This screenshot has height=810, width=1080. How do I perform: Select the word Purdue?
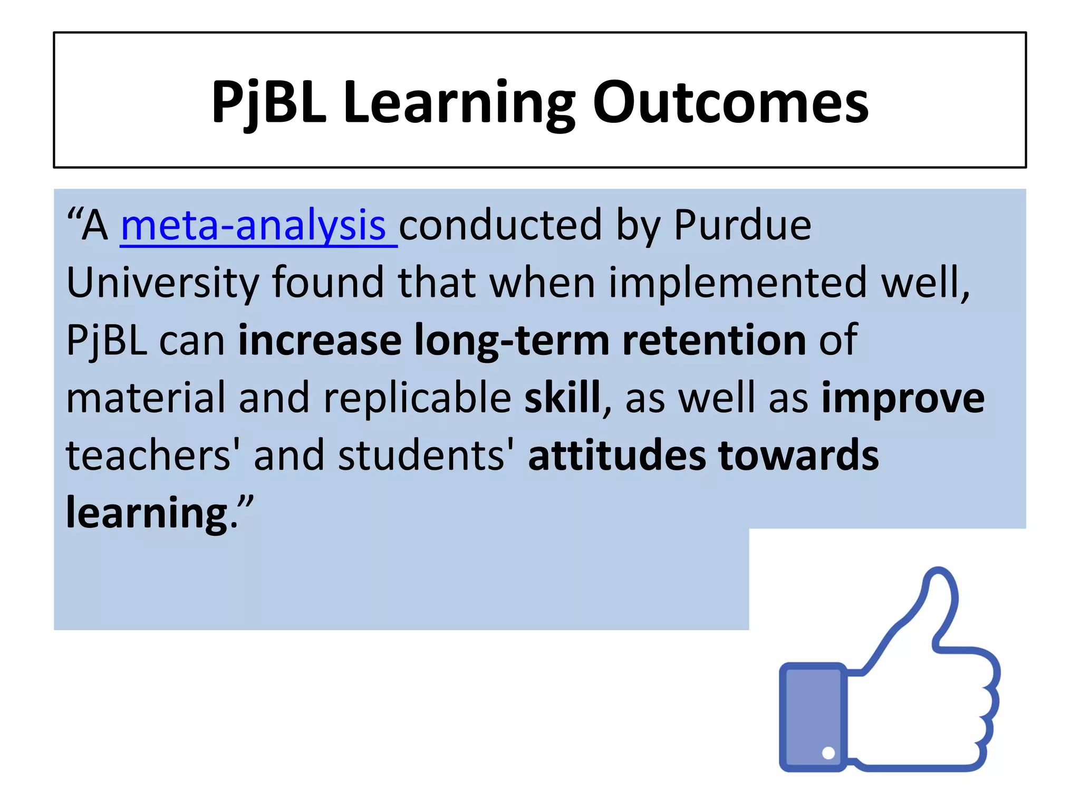(x=742, y=226)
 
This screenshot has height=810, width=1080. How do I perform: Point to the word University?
(x=162, y=283)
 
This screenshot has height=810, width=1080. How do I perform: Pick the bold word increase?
(x=320, y=340)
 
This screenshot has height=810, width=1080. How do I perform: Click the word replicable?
(x=417, y=398)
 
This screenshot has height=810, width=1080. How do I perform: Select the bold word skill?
(x=562, y=398)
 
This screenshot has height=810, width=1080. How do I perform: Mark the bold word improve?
(x=903, y=398)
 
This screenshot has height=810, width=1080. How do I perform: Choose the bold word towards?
(x=798, y=455)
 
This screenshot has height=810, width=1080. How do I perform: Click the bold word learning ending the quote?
(x=147, y=513)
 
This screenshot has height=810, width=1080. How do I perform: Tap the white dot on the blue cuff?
(x=828, y=753)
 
